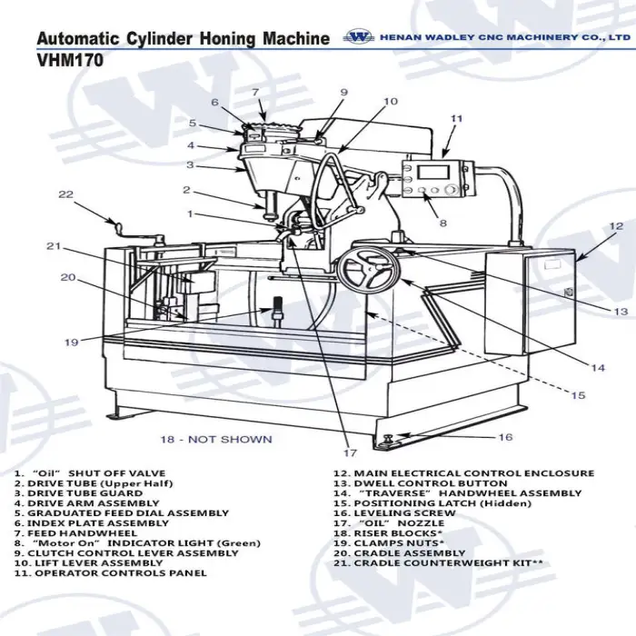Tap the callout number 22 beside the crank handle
[x=65, y=194]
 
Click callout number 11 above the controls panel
[x=457, y=118]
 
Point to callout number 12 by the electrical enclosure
[x=616, y=226]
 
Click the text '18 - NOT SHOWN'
[x=216, y=440]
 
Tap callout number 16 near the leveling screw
[x=506, y=437]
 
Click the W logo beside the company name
[x=360, y=37]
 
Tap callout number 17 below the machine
[x=350, y=452]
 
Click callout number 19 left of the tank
[x=71, y=343]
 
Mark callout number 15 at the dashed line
[x=578, y=396]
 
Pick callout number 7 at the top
[x=255, y=92]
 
